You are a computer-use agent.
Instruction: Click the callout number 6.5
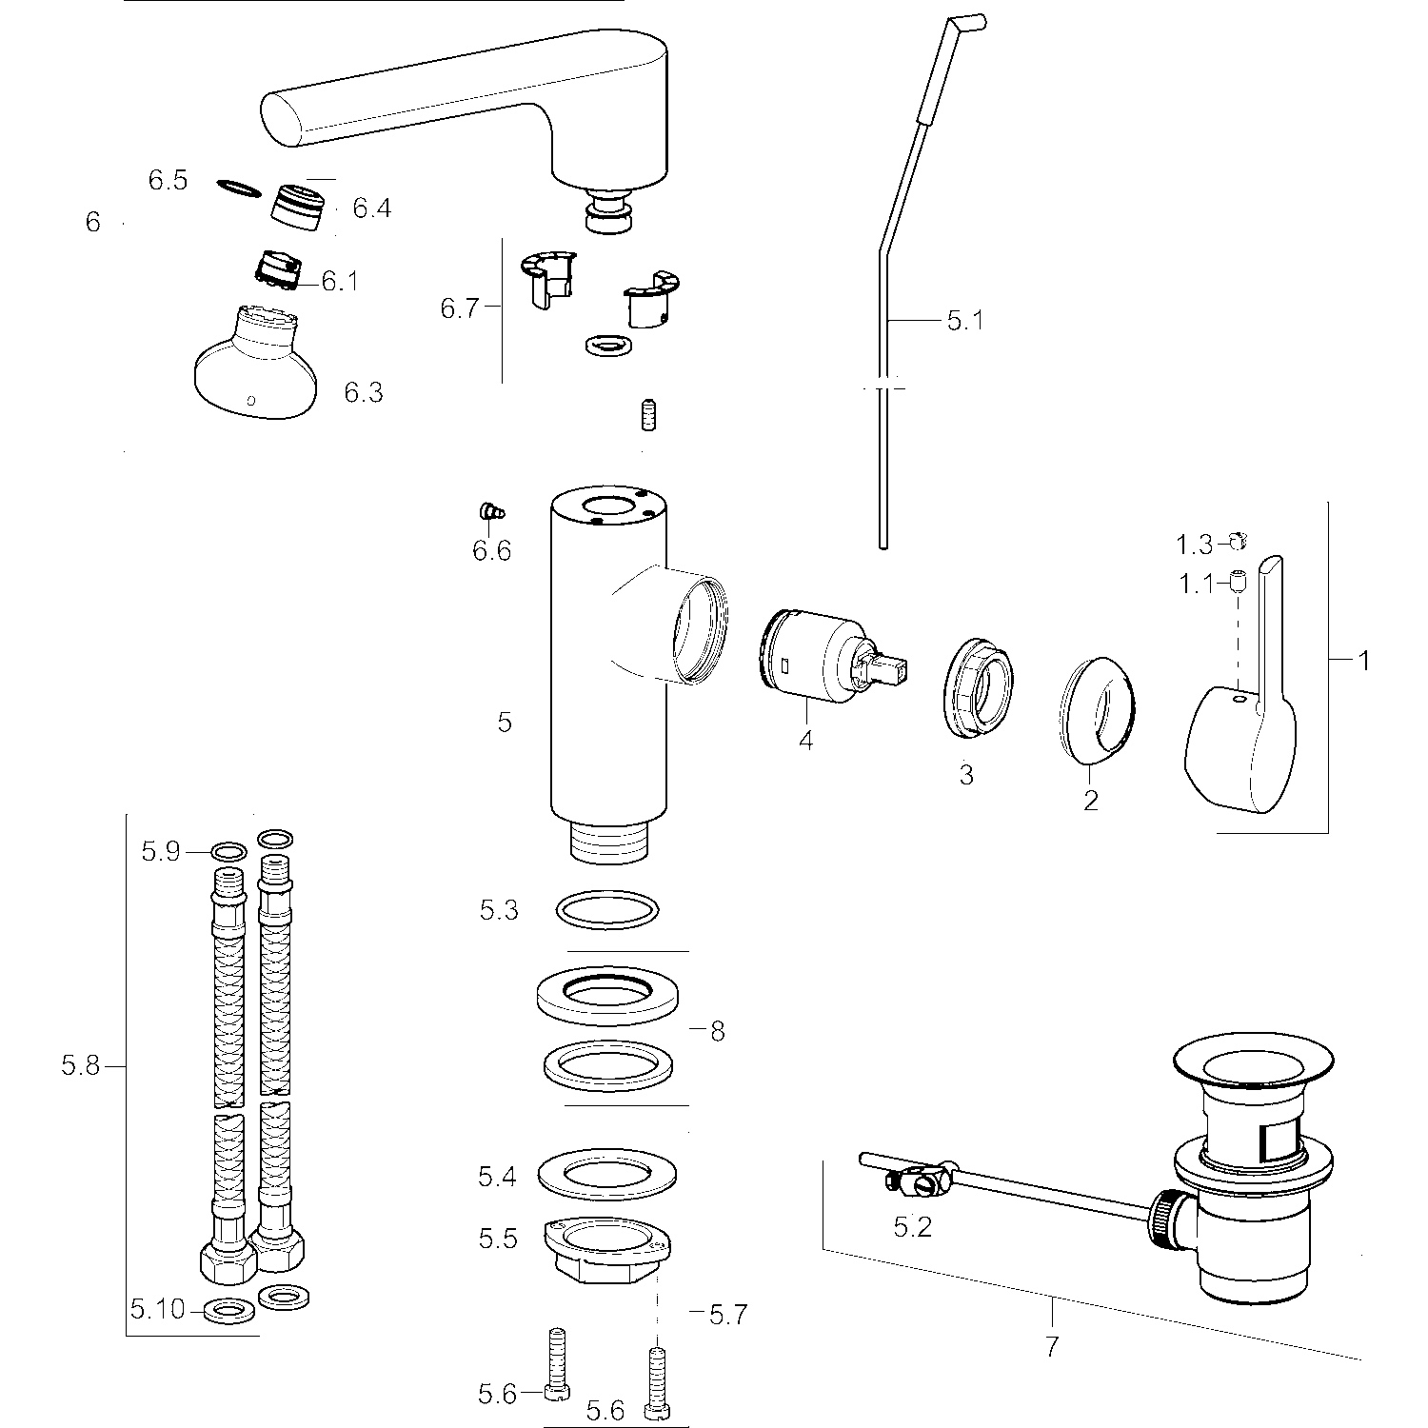click(168, 180)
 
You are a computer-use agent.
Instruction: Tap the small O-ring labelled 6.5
click(238, 188)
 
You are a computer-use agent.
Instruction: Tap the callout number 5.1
click(964, 321)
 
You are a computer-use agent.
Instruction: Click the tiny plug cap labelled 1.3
click(1238, 542)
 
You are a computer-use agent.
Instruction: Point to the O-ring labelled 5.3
click(607, 909)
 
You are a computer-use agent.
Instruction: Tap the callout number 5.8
click(80, 1066)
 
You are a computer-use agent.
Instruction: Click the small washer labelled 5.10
click(227, 1312)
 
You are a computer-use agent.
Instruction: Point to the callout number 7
click(1051, 1347)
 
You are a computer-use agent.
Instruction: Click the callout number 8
click(717, 1031)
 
